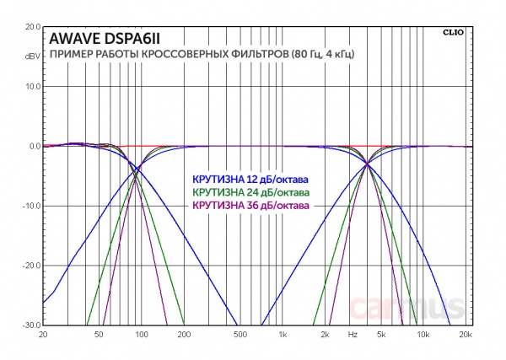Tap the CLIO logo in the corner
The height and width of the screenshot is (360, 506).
452,32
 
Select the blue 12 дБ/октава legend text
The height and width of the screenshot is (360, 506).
250,180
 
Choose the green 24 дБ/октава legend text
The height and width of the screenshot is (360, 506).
250,193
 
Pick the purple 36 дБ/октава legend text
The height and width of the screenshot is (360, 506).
250,205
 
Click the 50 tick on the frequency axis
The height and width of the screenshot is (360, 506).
100,335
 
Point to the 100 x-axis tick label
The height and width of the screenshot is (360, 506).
141,335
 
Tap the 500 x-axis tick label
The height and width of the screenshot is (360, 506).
240,335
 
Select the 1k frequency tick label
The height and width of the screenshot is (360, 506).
283,335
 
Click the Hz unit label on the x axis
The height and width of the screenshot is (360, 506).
353,335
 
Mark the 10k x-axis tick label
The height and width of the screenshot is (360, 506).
423,335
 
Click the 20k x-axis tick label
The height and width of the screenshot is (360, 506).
464,335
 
